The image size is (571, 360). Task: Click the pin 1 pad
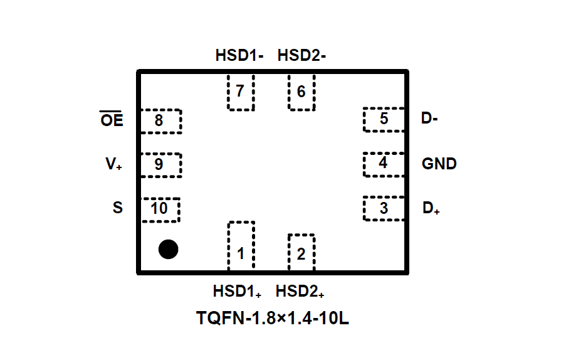[x=241, y=246]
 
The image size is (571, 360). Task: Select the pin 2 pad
[x=301, y=253]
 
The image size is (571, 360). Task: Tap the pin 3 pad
[x=383, y=208]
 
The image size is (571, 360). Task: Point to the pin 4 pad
[x=383, y=164]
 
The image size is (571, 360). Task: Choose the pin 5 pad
[x=383, y=119]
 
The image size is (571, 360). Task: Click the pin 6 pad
[x=301, y=92]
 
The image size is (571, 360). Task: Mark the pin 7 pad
[x=241, y=92]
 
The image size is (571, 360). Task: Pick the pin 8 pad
[x=160, y=120]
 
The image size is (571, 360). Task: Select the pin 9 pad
[x=160, y=164]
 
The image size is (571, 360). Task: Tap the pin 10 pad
[x=160, y=209]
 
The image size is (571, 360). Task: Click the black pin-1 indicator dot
[x=168, y=249]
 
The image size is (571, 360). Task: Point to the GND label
[x=439, y=164]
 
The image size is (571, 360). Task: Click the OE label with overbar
[x=112, y=120]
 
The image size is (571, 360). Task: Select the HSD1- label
[x=239, y=56]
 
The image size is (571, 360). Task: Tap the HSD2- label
[x=301, y=56]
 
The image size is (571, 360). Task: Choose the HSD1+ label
[x=238, y=292]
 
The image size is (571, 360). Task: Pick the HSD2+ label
[x=300, y=292]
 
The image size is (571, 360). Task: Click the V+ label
[x=113, y=165]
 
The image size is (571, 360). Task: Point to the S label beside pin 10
[x=118, y=208]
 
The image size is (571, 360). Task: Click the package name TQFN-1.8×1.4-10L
[x=272, y=319]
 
